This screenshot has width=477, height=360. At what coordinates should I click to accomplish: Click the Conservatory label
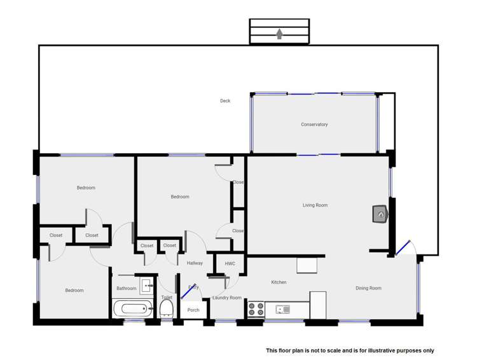point(314,125)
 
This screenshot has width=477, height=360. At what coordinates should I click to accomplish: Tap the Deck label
point(225,101)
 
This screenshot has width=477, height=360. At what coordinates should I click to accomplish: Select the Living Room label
point(315,205)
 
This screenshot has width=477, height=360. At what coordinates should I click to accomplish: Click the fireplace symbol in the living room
point(380,214)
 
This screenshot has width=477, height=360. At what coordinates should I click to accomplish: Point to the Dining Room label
point(368,288)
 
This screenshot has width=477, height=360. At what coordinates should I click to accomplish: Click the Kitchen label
point(279,282)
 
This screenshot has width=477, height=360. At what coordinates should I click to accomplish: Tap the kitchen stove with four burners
point(256,309)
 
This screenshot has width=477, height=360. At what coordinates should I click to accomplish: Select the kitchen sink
point(282,310)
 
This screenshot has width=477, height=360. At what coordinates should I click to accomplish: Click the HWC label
point(230,263)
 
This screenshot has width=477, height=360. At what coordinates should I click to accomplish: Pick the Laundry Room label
point(227,298)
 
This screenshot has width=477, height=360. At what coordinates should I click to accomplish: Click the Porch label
point(193,310)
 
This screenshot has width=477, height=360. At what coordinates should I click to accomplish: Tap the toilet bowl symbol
point(167,310)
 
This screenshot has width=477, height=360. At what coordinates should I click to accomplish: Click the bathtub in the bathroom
point(133,310)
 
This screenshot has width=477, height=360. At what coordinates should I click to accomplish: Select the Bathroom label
point(126,289)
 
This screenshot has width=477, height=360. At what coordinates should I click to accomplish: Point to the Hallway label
point(195,263)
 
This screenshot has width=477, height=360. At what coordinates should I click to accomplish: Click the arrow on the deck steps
point(279,34)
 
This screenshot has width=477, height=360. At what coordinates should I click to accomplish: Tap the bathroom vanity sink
point(146,285)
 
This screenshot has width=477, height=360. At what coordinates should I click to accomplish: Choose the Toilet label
point(167,298)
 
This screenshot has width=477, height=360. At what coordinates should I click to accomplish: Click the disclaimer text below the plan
point(349,350)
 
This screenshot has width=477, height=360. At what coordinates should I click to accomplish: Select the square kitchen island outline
point(307,265)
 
